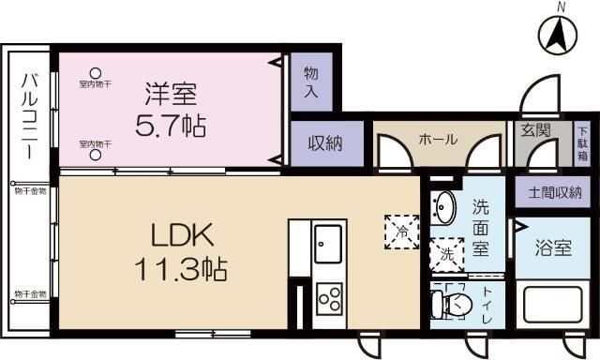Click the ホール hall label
pyautogui.click(x=438, y=140)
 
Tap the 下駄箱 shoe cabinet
pyautogui.click(x=581, y=143)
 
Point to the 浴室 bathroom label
pyautogui.click(x=553, y=249)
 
